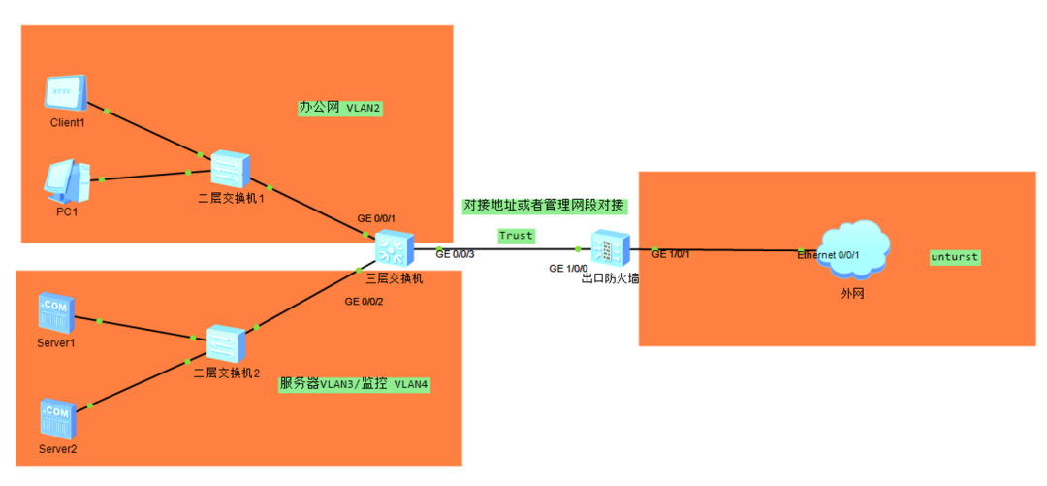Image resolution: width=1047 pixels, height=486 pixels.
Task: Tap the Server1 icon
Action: (x=56, y=312)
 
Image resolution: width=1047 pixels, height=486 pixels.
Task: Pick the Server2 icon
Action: (x=56, y=419)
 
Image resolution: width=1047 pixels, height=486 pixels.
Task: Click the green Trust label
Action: (x=516, y=236)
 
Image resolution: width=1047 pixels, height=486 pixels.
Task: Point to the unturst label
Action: (x=955, y=257)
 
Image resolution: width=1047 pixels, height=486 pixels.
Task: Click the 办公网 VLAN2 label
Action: (x=339, y=108)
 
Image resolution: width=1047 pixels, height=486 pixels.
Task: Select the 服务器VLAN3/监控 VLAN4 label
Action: (x=354, y=384)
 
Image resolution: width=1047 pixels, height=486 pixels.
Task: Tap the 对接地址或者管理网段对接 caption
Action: (x=545, y=206)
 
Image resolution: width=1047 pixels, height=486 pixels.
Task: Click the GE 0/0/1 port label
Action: (x=376, y=218)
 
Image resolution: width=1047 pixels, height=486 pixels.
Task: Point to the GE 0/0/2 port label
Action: (x=365, y=301)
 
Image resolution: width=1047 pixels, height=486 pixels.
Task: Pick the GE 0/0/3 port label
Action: (x=455, y=254)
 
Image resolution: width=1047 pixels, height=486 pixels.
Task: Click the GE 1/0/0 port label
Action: (x=568, y=268)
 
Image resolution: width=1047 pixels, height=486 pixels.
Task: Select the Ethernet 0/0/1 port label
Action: (x=828, y=255)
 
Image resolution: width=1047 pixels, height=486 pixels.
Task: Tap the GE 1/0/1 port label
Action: (x=671, y=254)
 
